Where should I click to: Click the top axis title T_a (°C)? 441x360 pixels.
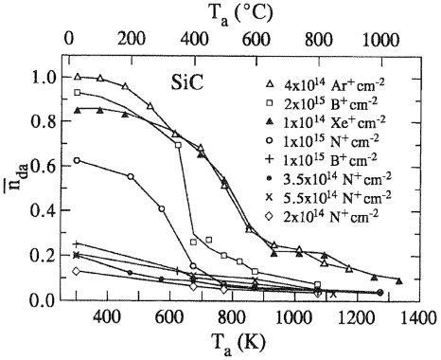click(x=232, y=11)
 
